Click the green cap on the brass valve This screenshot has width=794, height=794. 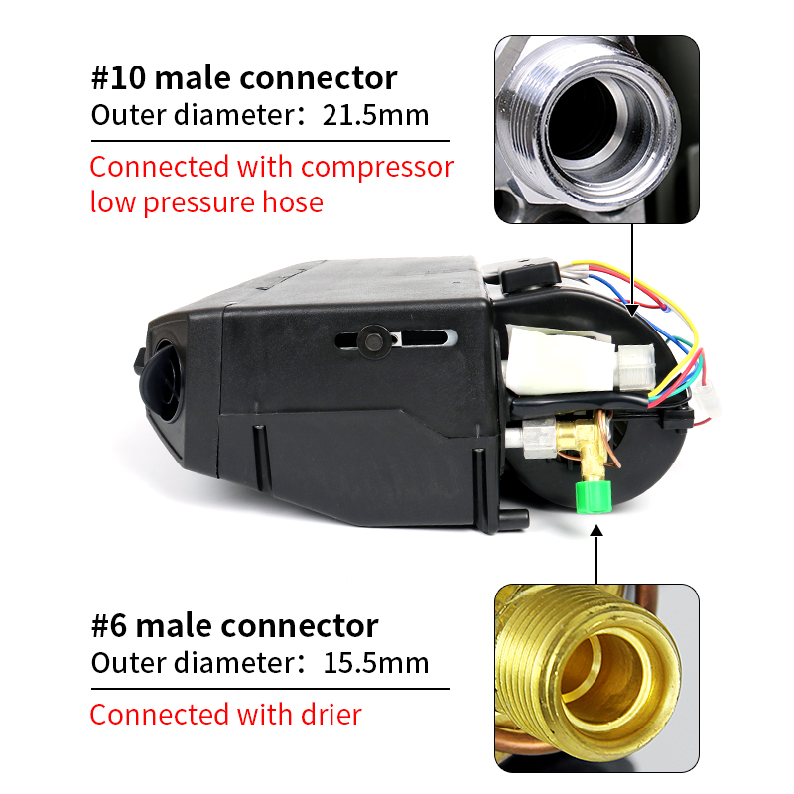594,496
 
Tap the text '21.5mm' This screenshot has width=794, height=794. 375,115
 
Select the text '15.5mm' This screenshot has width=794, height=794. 376,663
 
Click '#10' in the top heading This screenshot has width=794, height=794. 119,78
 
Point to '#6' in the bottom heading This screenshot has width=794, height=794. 109,626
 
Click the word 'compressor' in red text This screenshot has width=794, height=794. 377,168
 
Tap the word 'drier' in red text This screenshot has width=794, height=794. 331,715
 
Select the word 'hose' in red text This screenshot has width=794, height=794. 293,202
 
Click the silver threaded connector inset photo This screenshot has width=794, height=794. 596,129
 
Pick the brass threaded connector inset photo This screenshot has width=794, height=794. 596,678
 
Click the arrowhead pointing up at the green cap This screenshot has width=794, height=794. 597,530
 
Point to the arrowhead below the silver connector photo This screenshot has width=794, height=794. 632,309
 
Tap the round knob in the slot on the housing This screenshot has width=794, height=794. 374,341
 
